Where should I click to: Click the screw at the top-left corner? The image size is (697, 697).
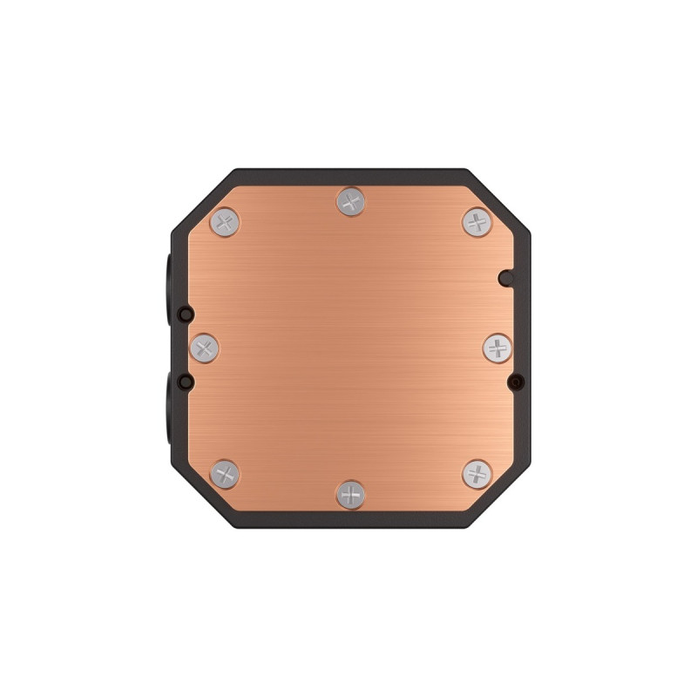pyautogui.click(x=226, y=221)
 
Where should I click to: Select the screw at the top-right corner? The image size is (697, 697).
pyautogui.click(x=477, y=222)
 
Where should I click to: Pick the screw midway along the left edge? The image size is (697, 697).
pyautogui.click(x=205, y=348)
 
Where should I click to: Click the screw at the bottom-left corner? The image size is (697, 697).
pyautogui.click(x=226, y=475)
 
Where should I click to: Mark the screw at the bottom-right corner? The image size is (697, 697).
pyautogui.click(x=477, y=475)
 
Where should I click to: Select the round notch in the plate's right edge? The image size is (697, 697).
pyautogui.click(x=504, y=278)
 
